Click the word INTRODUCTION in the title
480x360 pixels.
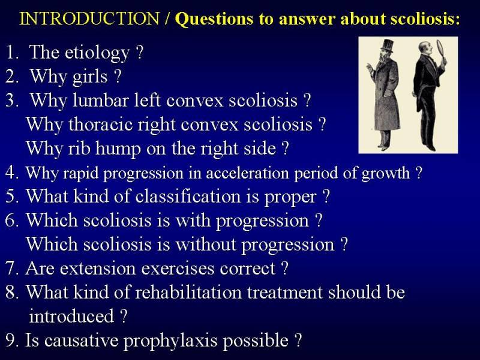click(89, 19)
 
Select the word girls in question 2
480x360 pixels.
click(90, 77)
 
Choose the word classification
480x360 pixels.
click(188, 196)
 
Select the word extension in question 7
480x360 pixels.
click(98, 268)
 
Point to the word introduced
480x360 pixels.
click(71, 316)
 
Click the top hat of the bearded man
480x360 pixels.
click(386, 46)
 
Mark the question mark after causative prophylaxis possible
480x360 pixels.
click(298, 340)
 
